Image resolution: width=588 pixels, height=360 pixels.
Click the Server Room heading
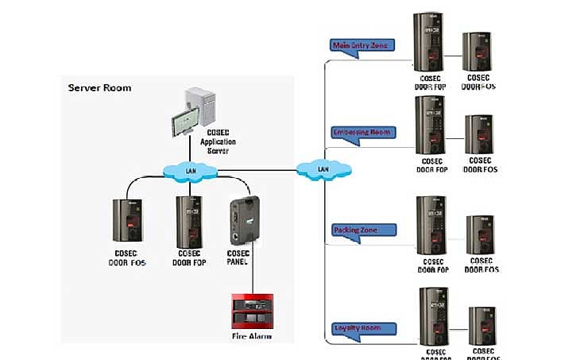[99, 87]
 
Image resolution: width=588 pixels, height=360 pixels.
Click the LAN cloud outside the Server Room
[323, 169]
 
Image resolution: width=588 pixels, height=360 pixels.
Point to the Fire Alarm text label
[252, 336]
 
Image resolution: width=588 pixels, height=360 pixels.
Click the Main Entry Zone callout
[362, 46]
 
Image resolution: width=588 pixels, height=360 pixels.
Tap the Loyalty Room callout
[362, 327]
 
